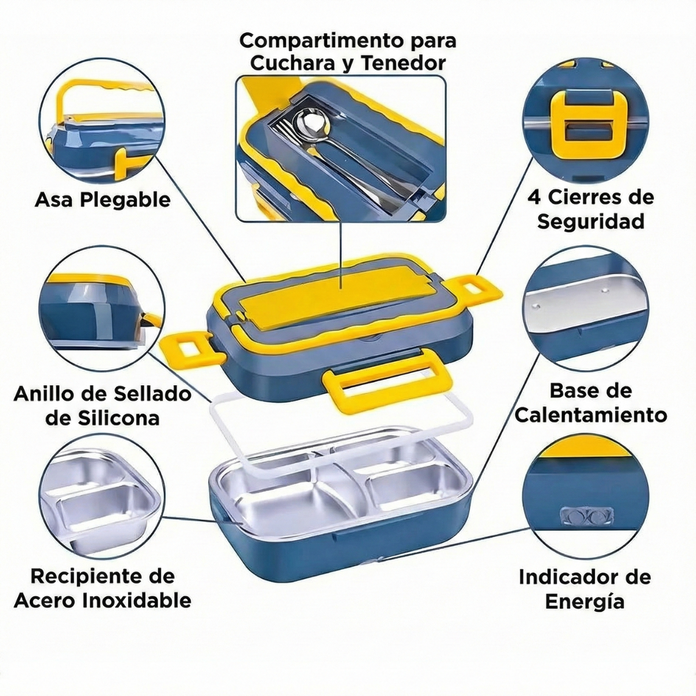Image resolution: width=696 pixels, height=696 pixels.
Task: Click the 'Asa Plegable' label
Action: point(103,200)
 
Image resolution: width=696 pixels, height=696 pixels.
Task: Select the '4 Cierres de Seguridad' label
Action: point(590,209)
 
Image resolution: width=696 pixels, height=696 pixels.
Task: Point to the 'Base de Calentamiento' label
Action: point(590,403)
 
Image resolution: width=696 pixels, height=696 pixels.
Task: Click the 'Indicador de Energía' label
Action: point(585,589)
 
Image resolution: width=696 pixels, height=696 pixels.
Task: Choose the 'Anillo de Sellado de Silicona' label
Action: point(103,406)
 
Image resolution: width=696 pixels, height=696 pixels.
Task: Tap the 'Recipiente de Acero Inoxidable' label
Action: point(103,588)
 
